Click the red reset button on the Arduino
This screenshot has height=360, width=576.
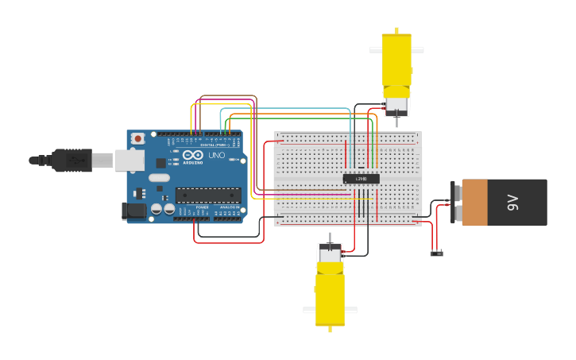click(x=137, y=138)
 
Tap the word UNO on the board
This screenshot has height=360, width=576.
click(x=216, y=155)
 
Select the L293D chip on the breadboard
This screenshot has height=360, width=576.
click(x=361, y=179)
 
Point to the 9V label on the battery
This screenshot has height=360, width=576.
click(x=513, y=203)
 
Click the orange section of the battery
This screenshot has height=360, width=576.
click(x=474, y=202)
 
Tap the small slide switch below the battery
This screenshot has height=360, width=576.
click(x=436, y=254)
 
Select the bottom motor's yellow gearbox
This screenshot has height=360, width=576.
click(x=331, y=294)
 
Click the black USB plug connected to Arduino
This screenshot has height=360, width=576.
click(x=72, y=161)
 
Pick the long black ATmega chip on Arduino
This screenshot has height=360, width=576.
click(x=208, y=195)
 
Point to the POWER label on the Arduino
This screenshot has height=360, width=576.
click(x=202, y=207)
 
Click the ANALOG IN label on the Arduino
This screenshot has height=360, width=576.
click(x=228, y=207)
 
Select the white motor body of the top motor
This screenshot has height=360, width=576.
click(x=396, y=104)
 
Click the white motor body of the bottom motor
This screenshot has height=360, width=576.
click(x=331, y=254)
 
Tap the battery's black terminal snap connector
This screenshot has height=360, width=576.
click(x=455, y=203)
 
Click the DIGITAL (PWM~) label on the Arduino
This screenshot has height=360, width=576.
click(x=214, y=145)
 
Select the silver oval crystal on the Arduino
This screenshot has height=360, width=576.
click(x=159, y=177)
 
